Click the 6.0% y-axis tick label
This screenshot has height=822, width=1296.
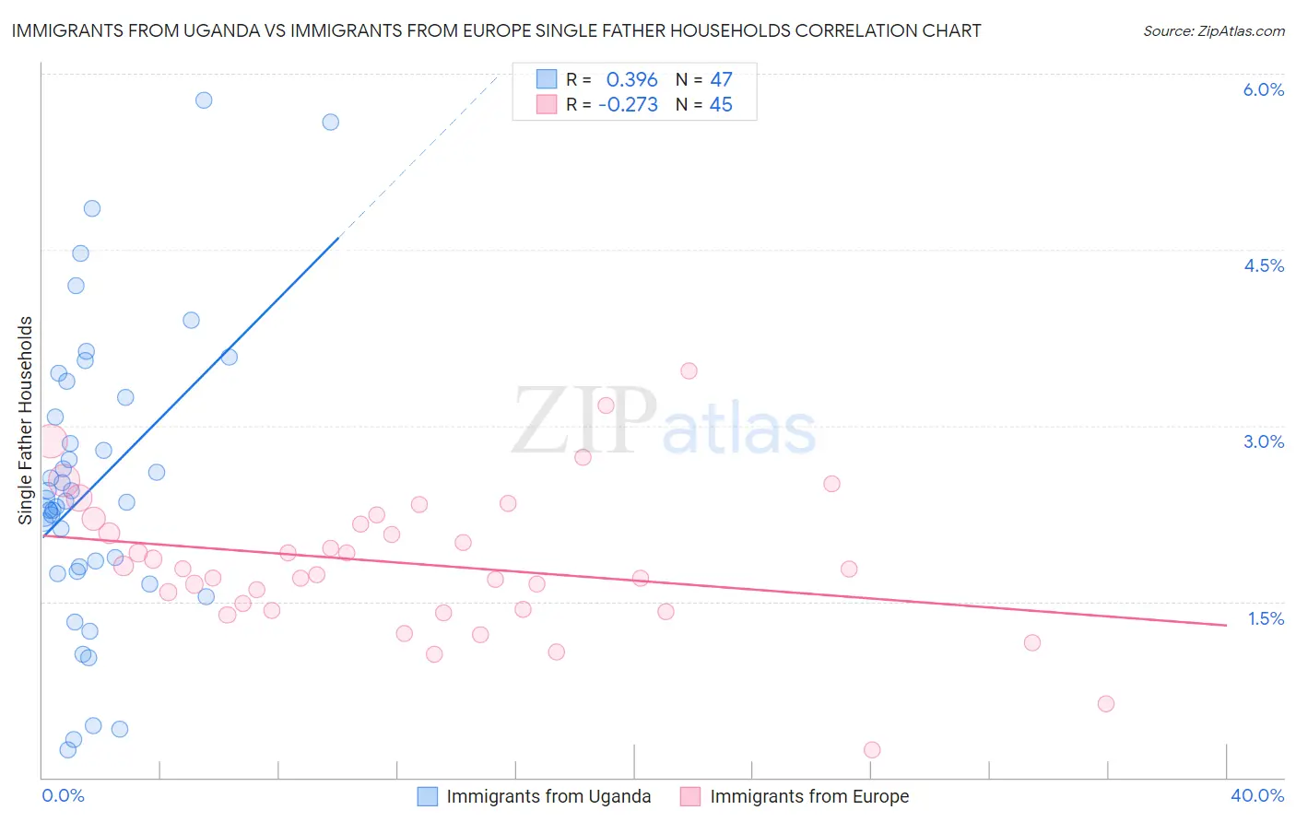pyautogui.click(x=1263, y=89)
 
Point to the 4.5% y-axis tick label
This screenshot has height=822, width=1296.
pyautogui.click(x=1264, y=265)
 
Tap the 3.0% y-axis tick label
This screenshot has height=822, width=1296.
pyautogui.click(x=1264, y=441)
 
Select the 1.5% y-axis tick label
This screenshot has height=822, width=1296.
pyautogui.click(x=1266, y=618)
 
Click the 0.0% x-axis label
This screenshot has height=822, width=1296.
pyautogui.click(x=63, y=795)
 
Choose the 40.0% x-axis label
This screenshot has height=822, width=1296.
pyautogui.click(x=1257, y=795)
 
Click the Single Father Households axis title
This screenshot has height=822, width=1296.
pyautogui.click(x=26, y=420)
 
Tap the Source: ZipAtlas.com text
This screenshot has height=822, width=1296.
pyautogui.click(x=1213, y=31)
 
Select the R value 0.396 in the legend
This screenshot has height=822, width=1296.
pyautogui.click(x=631, y=80)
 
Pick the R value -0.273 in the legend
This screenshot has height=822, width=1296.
pyautogui.click(x=628, y=105)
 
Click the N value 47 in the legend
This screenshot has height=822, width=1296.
pyautogui.click(x=721, y=80)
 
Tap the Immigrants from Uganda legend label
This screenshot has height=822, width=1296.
pyautogui.click(x=548, y=796)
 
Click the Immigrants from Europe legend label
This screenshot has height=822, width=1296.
pyautogui.click(x=809, y=796)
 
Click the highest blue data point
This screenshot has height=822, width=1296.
pyautogui.click(x=204, y=100)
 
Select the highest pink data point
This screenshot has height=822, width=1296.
pyautogui.click(x=689, y=371)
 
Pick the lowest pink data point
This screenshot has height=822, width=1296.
pyautogui.click(x=872, y=750)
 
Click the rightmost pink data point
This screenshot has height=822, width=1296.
pyautogui.click(x=1106, y=704)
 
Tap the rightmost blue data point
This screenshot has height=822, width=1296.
pyautogui.click(x=330, y=123)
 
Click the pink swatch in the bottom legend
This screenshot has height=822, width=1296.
pyautogui.click(x=690, y=796)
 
